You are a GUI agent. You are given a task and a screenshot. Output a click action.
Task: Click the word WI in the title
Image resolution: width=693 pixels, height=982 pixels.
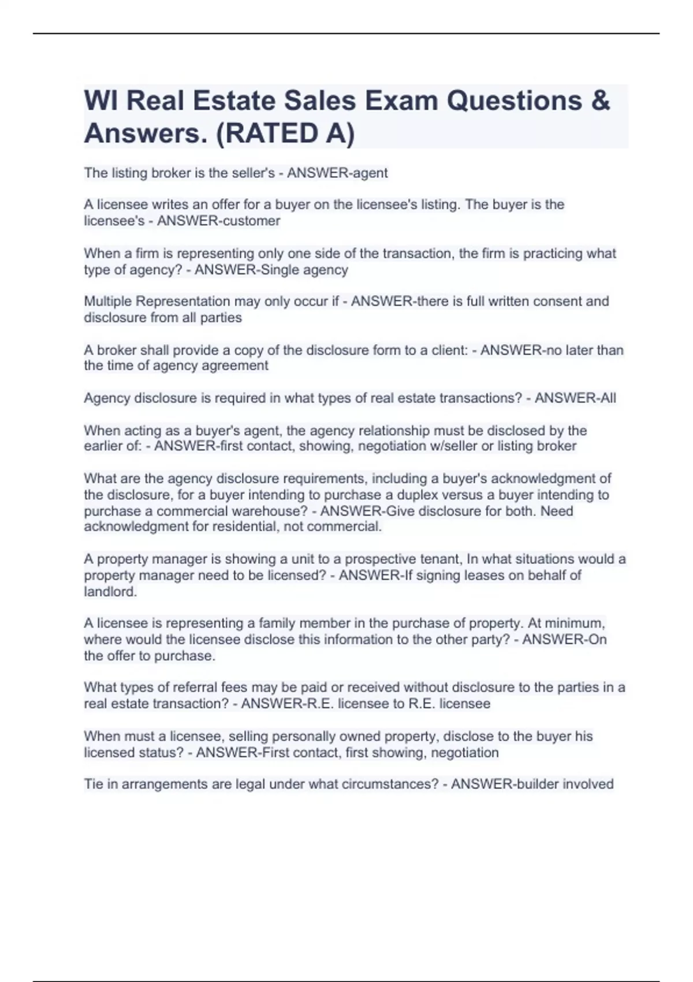pos(102,101)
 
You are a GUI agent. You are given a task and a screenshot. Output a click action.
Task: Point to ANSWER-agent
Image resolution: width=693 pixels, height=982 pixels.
pos(337,173)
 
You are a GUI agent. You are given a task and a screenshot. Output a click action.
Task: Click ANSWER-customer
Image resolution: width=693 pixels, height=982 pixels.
pos(218,221)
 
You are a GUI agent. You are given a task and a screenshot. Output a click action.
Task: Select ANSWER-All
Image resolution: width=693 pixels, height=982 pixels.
pos(575,398)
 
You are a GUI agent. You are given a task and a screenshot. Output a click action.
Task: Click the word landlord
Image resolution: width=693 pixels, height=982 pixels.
pos(110,592)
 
